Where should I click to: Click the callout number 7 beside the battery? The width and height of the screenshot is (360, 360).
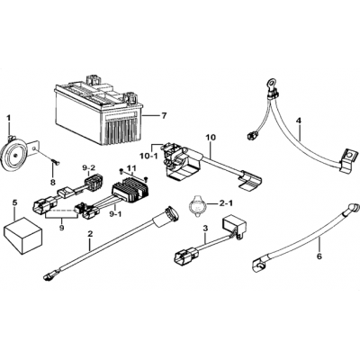click(164, 116)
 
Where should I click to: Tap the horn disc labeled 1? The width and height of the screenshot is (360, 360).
click(14, 155)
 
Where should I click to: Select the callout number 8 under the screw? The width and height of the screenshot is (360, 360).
click(53, 182)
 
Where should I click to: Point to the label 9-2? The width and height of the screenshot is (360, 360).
click(90, 168)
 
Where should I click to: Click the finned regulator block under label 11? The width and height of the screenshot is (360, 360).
click(130, 189)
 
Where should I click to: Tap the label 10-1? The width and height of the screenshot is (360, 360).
click(148, 156)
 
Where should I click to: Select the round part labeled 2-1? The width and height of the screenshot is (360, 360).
click(197, 204)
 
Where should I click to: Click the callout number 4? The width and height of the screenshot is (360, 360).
click(298, 121)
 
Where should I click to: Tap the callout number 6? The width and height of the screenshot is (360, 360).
click(319, 256)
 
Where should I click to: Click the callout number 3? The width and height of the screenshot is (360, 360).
click(205, 229)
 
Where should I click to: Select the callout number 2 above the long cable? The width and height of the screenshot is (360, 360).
click(89, 233)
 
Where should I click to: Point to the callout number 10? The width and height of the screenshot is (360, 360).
click(211, 138)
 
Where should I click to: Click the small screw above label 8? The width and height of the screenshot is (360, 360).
click(55, 162)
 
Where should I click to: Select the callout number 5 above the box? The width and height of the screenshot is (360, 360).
click(14, 203)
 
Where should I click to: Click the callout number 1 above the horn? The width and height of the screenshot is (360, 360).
click(9, 119)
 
